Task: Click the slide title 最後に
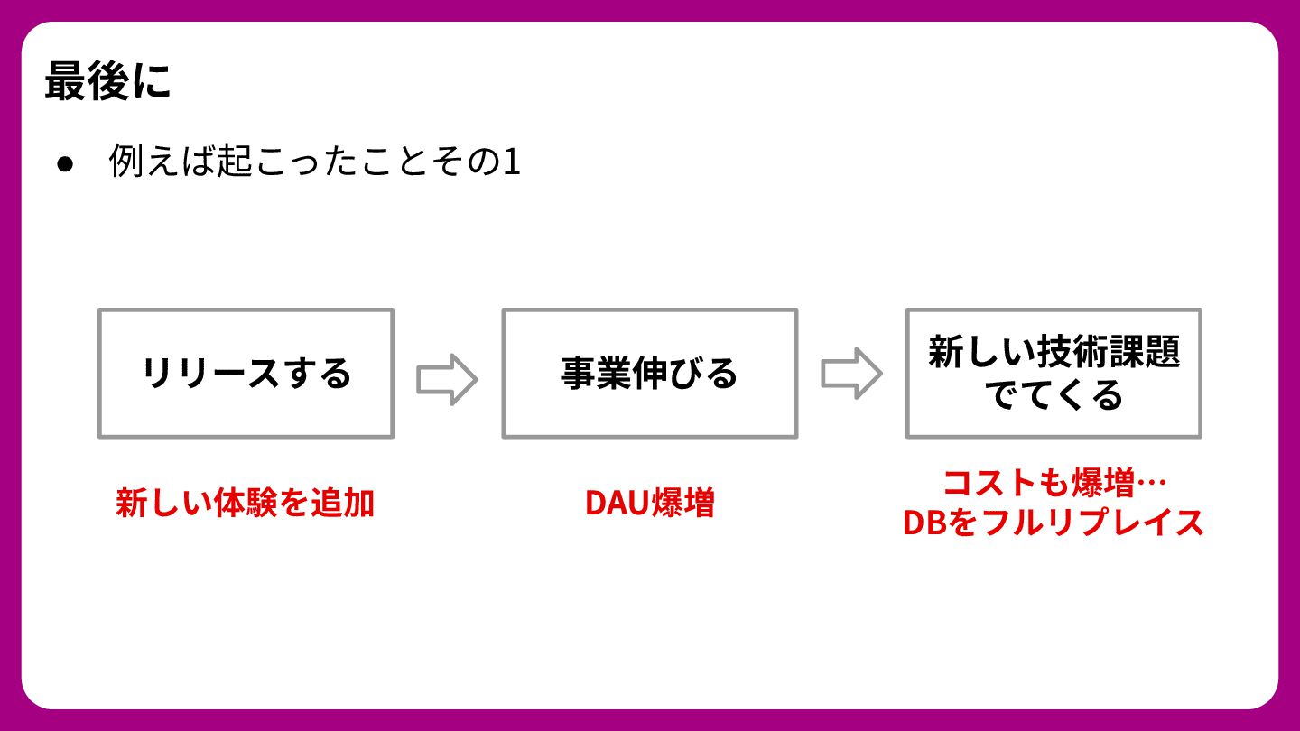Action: pyautogui.click(x=107, y=83)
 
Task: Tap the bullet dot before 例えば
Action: pyautogui.click(x=64, y=163)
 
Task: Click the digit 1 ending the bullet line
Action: pyautogui.click(x=512, y=162)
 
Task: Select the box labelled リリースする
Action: pyautogui.click(x=246, y=374)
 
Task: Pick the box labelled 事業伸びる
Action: pyautogui.click(x=649, y=374)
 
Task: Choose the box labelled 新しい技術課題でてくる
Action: pyautogui.click(x=1054, y=374)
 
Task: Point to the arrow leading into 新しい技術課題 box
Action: pyautogui.click(x=851, y=374)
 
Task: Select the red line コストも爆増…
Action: pyautogui.click(x=1054, y=483)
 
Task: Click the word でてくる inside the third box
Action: pyautogui.click(x=1054, y=395)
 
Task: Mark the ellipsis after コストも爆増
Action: pyautogui.click(x=1151, y=483)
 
